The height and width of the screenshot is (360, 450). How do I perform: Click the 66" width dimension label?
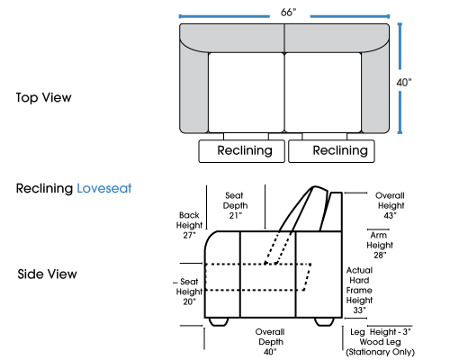(x=288, y=13)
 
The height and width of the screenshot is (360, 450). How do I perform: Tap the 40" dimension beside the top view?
(x=404, y=82)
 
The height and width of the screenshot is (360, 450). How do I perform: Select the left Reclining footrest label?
(x=245, y=150)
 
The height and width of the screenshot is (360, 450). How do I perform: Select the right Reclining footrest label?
(x=340, y=150)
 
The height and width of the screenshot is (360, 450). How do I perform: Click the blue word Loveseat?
(x=104, y=188)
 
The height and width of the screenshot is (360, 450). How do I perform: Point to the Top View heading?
(x=43, y=97)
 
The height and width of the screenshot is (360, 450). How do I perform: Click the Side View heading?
(x=47, y=274)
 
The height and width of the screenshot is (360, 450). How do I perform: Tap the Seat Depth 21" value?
(x=236, y=215)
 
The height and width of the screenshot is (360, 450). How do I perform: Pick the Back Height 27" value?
(x=189, y=235)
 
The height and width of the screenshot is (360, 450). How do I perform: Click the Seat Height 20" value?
(x=189, y=301)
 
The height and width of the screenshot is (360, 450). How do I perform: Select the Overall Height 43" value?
(x=391, y=215)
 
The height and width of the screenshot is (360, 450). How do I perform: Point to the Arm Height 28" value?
(x=380, y=255)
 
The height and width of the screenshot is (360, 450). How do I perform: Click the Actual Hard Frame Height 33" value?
(x=359, y=310)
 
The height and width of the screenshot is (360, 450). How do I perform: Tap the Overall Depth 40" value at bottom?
(x=270, y=351)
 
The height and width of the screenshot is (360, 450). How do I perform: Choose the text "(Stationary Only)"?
(x=380, y=352)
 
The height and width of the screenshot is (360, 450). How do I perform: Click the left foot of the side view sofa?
(x=218, y=321)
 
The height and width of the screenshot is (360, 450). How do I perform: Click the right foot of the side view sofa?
(x=324, y=321)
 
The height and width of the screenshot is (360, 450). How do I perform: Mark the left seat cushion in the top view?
(x=246, y=93)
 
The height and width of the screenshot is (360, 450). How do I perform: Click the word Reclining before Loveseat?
(x=44, y=189)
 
